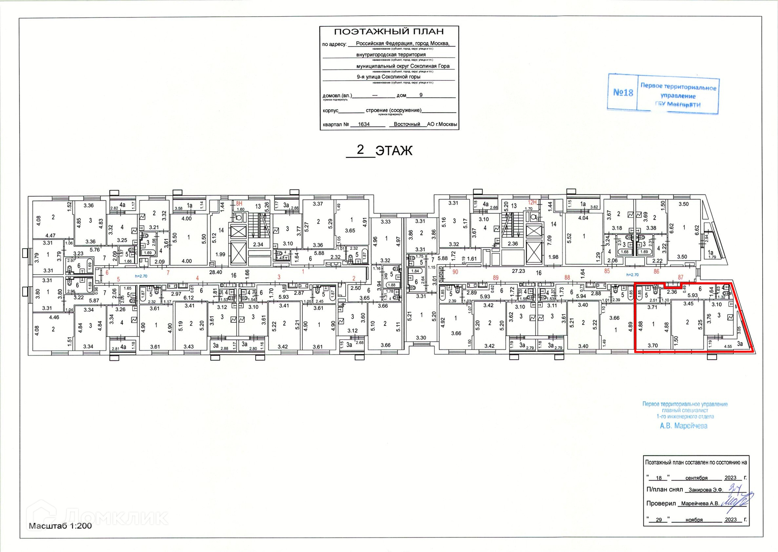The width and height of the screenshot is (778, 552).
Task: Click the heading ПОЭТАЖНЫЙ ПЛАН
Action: [x=389, y=32]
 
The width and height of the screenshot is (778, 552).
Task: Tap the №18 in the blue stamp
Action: [x=623, y=93]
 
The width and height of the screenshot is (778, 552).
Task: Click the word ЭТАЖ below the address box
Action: [x=393, y=151]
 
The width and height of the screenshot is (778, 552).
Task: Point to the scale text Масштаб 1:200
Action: [x=60, y=526]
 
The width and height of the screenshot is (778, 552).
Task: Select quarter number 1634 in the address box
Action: [x=363, y=124]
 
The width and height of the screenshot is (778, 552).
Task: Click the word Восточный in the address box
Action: [x=406, y=124]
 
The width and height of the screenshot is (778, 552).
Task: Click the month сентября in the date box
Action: [x=696, y=478]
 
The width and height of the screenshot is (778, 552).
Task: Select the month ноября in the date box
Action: [x=694, y=520]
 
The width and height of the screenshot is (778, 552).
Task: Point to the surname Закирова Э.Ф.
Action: [x=705, y=490]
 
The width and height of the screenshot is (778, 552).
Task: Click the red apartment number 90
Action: [x=455, y=272]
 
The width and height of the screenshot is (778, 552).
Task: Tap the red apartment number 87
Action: [x=680, y=277]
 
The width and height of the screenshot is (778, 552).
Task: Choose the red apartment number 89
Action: [x=495, y=278]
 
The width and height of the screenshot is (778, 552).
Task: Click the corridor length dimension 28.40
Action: [x=215, y=272]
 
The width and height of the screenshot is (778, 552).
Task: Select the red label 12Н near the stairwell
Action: [x=532, y=202]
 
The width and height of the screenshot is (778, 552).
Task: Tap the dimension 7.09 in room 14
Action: [x=549, y=241]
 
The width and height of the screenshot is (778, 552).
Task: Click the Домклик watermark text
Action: [x=115, y=517]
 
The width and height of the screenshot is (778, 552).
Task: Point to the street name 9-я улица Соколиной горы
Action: [x=388, y=77]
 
